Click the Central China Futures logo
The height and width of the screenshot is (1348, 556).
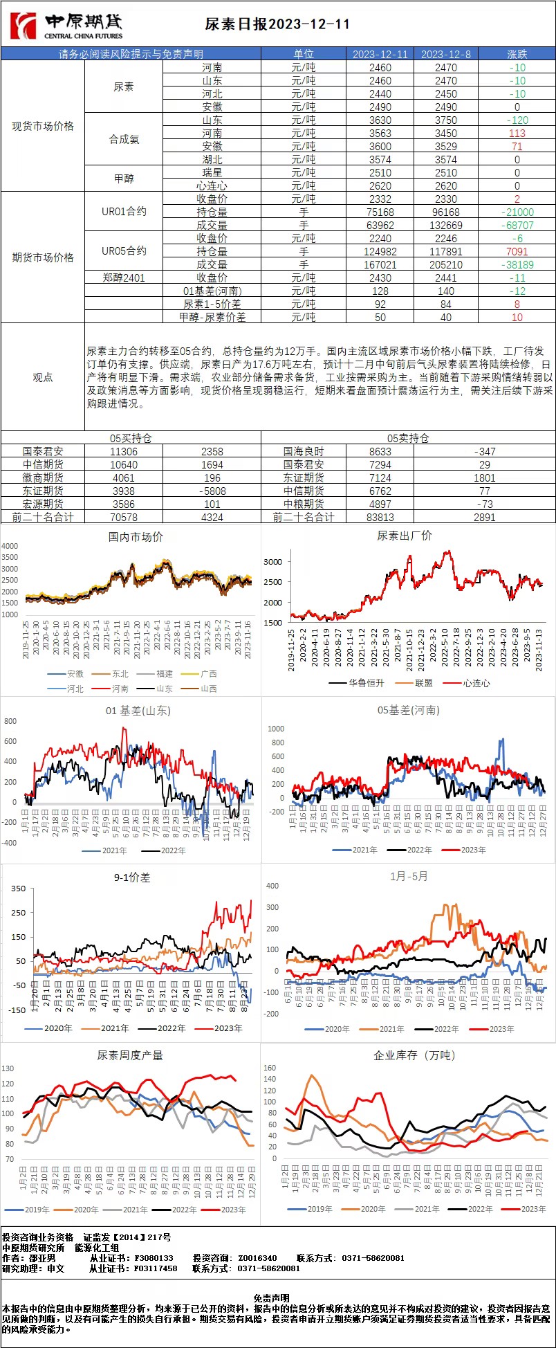(x=66, y=26)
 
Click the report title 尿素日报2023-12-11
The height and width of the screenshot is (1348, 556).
(x=277, y=24)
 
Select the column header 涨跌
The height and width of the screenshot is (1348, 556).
(x=517, y=54)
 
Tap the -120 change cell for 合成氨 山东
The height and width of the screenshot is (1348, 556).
(x=517, y=120)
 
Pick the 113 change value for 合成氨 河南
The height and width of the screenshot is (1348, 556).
(x=517, y=133)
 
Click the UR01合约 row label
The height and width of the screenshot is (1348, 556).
(x=124, y=212)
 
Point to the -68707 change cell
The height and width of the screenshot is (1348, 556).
(x=517, y=225)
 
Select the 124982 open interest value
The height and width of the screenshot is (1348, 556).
(x=380, y=251)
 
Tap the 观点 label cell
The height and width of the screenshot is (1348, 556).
(x=43, y=377)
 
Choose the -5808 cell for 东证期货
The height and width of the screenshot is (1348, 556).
(x=212, y=491)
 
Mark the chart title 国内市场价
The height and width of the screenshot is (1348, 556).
(x=136, y=536)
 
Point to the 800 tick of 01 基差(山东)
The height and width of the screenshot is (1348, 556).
(x=10, y=721)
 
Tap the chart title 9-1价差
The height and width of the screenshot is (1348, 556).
(x=132, y=877)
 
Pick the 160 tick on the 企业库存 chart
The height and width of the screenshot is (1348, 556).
(x=270, y=1068)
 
